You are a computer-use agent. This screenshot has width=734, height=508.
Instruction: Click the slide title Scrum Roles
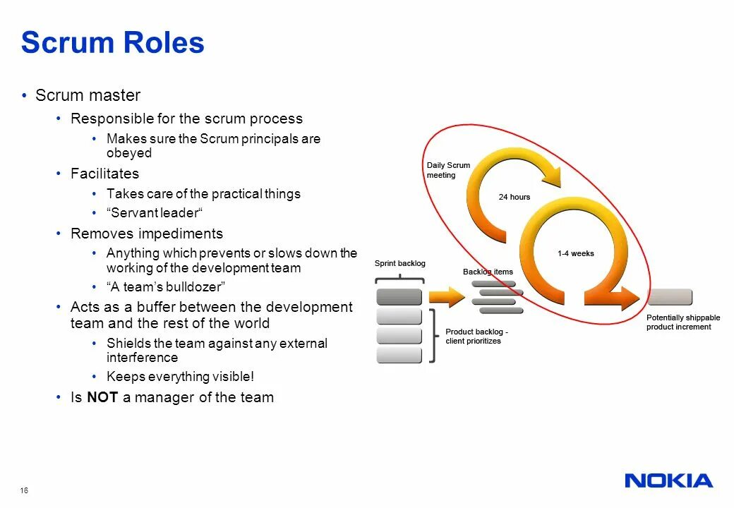[x=113, y=42]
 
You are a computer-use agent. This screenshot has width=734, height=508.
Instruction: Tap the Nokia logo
[x=668, y=481]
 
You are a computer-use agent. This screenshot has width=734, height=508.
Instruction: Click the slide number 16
[x=25, y=490]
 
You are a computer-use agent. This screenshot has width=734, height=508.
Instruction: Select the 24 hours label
[x=514, y=197]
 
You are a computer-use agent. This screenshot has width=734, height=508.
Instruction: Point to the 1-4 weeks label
[x=575, y=253]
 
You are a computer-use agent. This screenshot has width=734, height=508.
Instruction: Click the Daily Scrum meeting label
[x=447, y=170]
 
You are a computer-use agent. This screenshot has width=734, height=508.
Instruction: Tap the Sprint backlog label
[x=399, y=263]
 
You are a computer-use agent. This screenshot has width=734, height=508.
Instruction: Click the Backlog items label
[x=488, y=272]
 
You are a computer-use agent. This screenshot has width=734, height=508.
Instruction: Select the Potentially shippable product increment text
[x=682, y=322]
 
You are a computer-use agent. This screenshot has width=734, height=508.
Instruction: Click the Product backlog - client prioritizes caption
[x=476, y=336]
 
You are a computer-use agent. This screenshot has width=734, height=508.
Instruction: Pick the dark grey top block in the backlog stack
[x=399, y=296]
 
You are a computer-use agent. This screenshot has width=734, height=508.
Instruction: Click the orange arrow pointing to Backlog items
[x=444, y=296]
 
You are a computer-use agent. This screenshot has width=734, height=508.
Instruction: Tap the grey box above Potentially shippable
[x=669, y=296]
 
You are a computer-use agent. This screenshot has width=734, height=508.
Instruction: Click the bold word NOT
[x=102, y=397]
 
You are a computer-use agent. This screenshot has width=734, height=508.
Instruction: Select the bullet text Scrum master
[x=88, y=95]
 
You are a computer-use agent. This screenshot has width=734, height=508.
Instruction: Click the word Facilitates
[x=104, y=174]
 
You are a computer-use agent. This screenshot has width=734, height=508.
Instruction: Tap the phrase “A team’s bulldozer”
[x=166, y=287]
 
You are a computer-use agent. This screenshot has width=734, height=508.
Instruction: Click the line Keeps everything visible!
[x=180, y=377]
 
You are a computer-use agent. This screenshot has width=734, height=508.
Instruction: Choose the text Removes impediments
[x=146, y=234]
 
